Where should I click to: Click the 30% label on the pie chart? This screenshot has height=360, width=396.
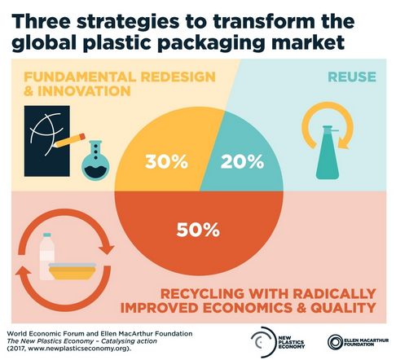pyautogui.click(x=166, y=161)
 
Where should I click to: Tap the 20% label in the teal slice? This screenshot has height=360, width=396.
pyautogui.click(x=242, y=161)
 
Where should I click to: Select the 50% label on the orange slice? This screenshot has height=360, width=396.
pyautogui.click(x=198, y=230)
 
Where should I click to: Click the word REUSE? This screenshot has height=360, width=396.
pyautogui.click(x=352, y=77)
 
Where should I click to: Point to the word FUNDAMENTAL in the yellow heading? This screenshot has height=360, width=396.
pyautogui.click(x=80, y=77)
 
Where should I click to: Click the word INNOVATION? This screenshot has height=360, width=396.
pyautogui.click(x=84, y=91)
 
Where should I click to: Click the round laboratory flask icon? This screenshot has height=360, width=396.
pyautogui.click(x=95, y=160)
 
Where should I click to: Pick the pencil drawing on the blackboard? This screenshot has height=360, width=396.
pyautogui.click(x=69, y=140)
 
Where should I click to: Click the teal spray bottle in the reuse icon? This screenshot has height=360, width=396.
pyautogui.click(x=328, y=152)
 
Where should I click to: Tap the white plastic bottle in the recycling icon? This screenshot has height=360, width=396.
pyautogui.click(x=47, y=257)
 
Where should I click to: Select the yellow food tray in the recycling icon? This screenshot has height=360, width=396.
pyautogui.click(x=73, y=271)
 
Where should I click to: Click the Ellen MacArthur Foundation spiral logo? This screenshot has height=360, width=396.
pyautogui.click(x=335, y=342)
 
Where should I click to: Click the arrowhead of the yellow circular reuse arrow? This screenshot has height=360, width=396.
pyautogui.click(x=345, y=144)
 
